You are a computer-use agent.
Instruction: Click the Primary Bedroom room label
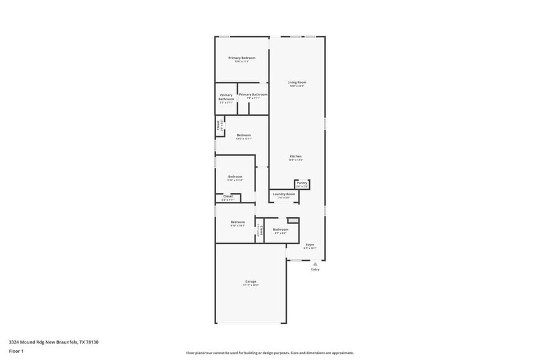[x=242, y=58]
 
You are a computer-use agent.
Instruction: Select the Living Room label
[x=297, y=82]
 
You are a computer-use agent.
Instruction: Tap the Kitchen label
[x=296, y=156]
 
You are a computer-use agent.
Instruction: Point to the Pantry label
[x=302, y=182]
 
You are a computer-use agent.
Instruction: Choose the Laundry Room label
[x=283, y=194]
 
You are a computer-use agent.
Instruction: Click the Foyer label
[x=310, y=244]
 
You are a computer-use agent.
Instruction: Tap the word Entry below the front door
[x=315, y=269]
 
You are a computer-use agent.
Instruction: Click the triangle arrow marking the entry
[x=315, y=264]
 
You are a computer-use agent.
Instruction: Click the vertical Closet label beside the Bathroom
[x=260, y=230]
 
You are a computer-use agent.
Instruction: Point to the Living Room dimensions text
[x=297, y=86]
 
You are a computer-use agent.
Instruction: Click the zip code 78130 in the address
[x=92, y=342]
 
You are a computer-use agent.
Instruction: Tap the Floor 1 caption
[x=16, y=351]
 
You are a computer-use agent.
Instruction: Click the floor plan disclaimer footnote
[x=270, y=353]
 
